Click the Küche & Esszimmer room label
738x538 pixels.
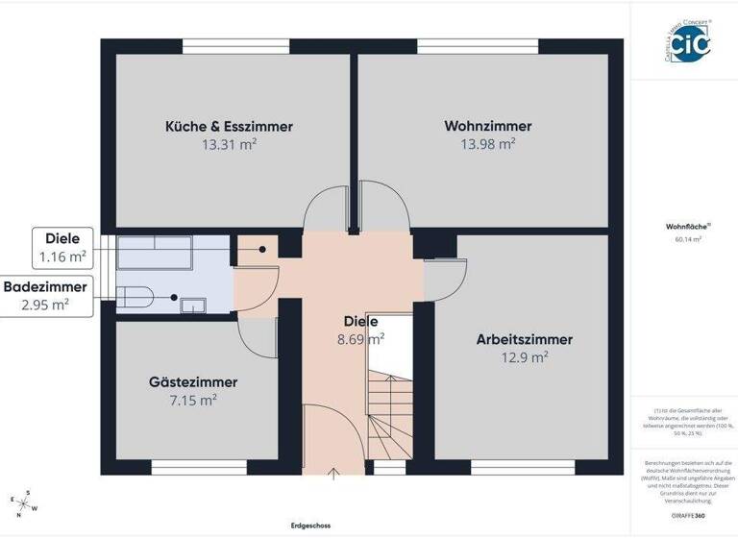point(229,126)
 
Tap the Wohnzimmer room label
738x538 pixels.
point(487,126)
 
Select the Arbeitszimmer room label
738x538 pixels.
point(524,339)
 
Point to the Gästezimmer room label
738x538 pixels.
point(192,381)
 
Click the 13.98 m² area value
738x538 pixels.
point(487,144)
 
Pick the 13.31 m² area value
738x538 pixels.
point(229,144)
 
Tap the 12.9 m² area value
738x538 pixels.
point(525,356)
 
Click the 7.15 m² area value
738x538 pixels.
point(192,400)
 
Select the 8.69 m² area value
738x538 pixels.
point(360,338)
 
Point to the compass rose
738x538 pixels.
point(24,501)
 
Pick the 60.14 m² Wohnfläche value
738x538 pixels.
point(682,239)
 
